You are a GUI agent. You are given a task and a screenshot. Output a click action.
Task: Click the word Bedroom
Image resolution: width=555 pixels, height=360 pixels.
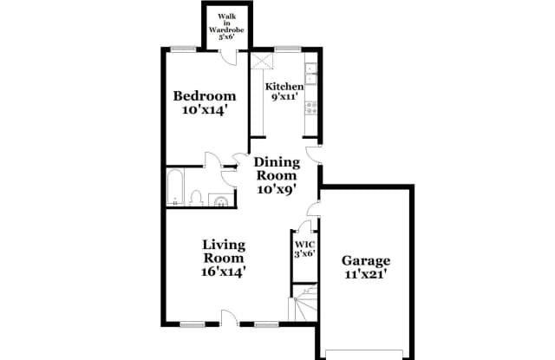[204, 95]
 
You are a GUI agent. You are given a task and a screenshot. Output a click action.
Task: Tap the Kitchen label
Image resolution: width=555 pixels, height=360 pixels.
[284, 87]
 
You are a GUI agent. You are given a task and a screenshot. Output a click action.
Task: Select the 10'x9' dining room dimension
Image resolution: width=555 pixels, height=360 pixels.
[277, 189]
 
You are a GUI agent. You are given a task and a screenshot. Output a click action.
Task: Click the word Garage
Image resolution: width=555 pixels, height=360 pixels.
[365, 260]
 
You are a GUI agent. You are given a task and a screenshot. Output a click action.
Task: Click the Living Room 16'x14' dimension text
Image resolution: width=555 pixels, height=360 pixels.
[224, 272]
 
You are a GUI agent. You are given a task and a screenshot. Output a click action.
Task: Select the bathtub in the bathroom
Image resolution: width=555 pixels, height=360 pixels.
[174, 189]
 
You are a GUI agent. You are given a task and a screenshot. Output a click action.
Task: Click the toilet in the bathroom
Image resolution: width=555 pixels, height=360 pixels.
[197, 199]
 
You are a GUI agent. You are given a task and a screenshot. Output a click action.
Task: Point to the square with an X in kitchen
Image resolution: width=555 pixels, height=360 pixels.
[262, 62]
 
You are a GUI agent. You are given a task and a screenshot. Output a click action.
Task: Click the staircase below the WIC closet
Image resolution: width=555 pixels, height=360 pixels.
[304, 306]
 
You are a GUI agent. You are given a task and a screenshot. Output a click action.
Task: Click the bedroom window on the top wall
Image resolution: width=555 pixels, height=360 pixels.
[182, 48]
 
